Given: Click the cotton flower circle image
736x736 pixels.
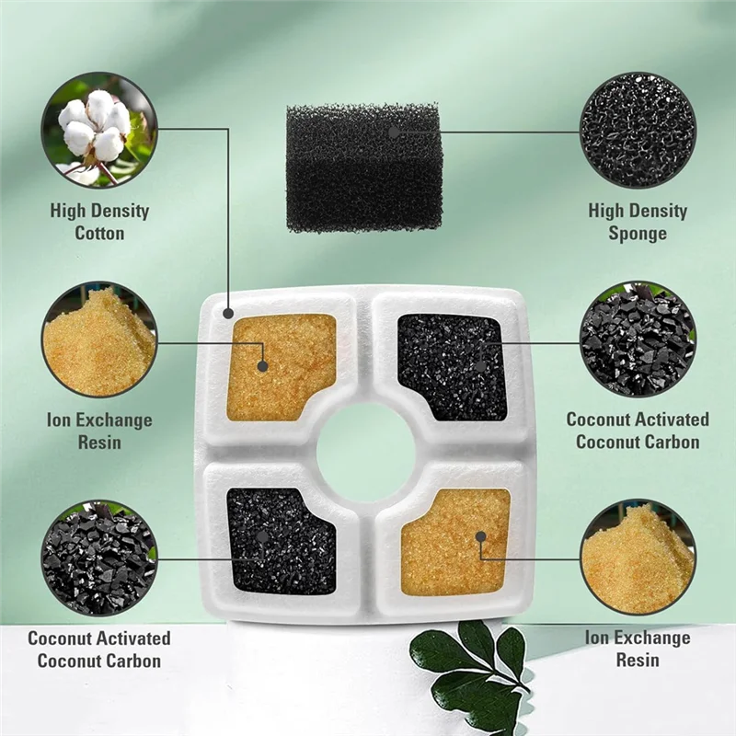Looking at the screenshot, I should [x=99, y=130].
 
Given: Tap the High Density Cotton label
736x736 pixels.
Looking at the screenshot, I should [x=99, y=222].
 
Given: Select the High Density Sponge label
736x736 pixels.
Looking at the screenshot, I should [x=638, y=222].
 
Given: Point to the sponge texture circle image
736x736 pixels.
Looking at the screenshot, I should [x=638, y=130].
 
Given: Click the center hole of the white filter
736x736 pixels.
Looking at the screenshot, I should [x=365, y=452].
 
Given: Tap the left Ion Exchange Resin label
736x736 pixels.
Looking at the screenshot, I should [x=99, y=431].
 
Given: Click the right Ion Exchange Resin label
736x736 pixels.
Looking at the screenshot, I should [x=637, y=649].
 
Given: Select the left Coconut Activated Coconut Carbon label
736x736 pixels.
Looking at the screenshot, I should [x=99, y=649].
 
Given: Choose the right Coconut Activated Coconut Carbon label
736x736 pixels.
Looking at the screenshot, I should [x=638, y=431].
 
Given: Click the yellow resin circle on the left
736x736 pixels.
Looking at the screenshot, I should [x=99, y=339].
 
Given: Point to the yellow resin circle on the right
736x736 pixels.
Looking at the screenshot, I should [x=638, y=557].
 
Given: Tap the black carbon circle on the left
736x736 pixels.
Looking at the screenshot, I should [x=99, y=557].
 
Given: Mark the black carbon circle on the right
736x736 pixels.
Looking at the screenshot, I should [x=638, y=339].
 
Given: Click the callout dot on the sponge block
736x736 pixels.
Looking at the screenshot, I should [x=394, y=132].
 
